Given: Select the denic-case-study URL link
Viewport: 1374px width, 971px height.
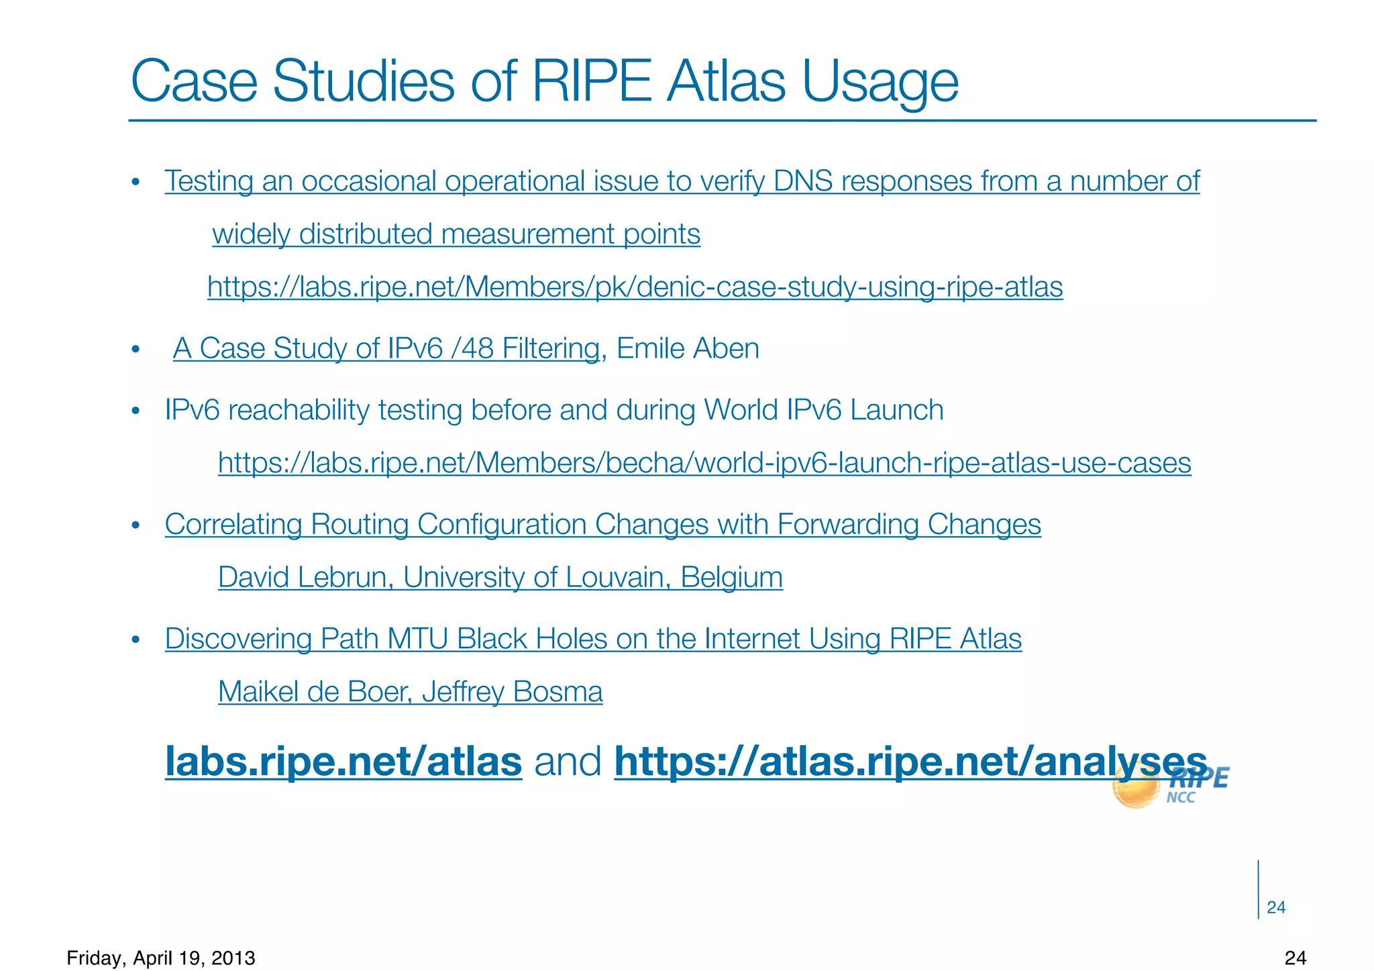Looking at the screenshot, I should (635, 287).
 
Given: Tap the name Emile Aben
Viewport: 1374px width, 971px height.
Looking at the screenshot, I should (688, 349).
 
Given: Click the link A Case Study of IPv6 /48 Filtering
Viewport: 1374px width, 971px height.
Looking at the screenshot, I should (386, 349).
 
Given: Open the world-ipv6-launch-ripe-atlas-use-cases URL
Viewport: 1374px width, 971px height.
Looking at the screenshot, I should (704, 463).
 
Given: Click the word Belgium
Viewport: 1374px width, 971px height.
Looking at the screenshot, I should (731, 577).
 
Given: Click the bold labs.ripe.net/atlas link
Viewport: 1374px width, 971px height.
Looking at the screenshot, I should (343, 762).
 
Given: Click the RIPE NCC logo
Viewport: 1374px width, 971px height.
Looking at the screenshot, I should (1171, 786).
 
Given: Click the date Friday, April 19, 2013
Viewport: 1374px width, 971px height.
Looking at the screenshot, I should (161, 958).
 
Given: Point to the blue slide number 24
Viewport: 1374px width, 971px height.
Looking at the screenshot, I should (1276, 908).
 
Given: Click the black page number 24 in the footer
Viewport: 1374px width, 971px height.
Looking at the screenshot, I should (1296, 958).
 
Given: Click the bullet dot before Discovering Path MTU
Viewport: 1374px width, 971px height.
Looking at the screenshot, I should (136, 640).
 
